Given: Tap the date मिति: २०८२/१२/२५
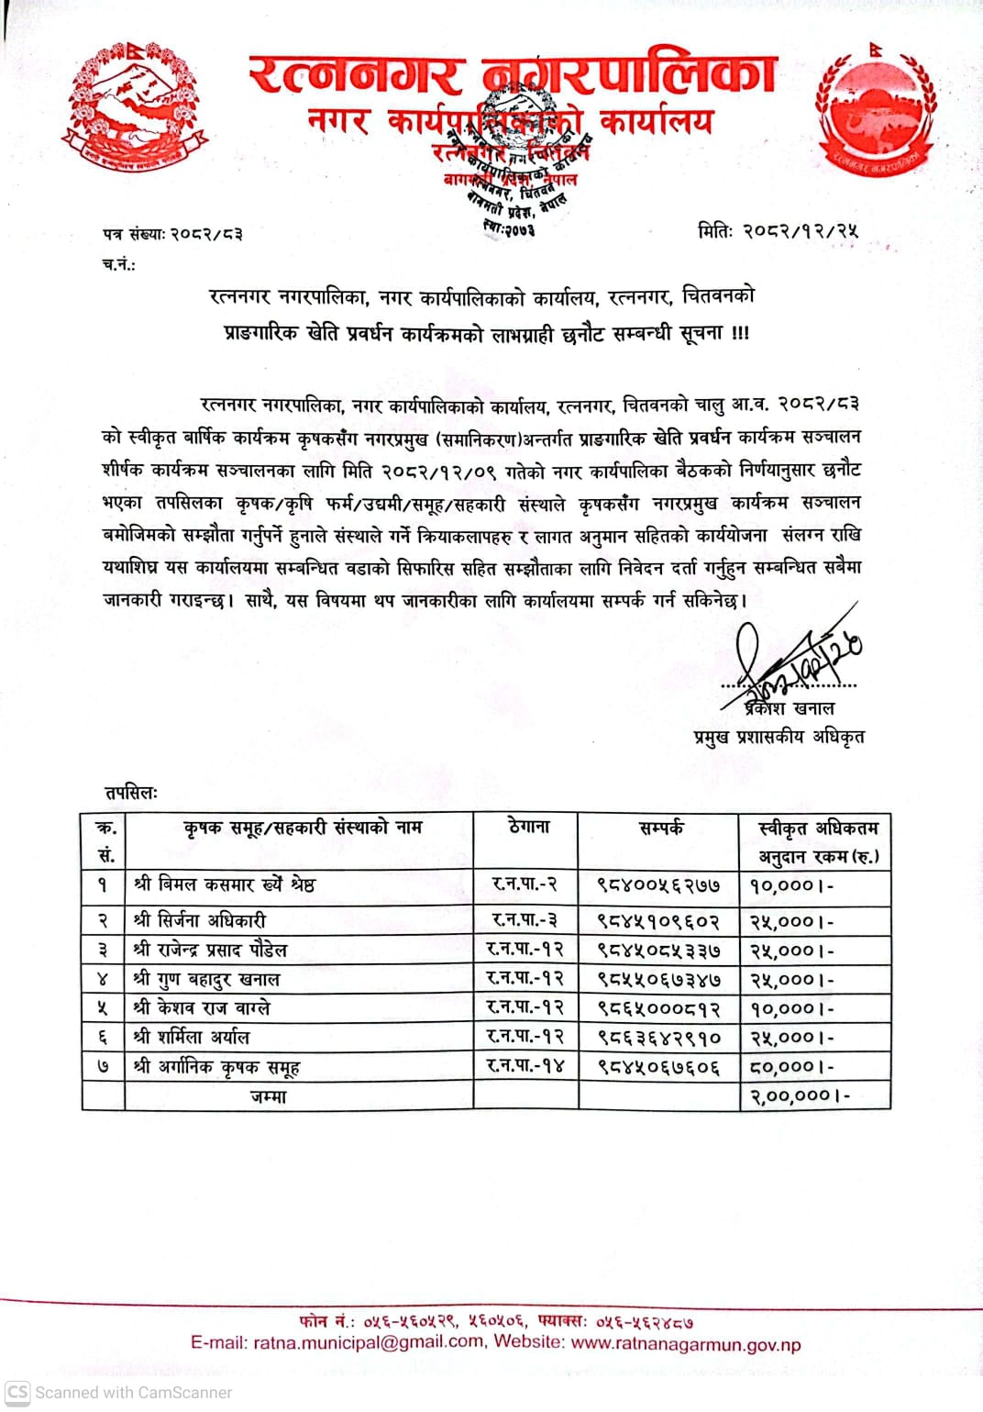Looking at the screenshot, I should [778, 230].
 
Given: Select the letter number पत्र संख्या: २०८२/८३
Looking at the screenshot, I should [172, 234].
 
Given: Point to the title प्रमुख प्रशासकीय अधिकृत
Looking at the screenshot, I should [779, 737].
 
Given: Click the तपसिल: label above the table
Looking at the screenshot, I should [131, 793].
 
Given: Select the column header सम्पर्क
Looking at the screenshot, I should [660, 828].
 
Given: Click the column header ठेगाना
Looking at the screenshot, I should [529, 827].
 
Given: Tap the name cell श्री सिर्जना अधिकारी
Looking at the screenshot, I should [199, 920].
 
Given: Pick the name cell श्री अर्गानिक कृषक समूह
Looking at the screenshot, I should [216, 1067].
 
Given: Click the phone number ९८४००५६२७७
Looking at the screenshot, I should [658, 885].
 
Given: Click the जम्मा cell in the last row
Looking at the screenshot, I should [269, 1096].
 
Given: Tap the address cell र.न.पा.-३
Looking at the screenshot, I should [525, 919].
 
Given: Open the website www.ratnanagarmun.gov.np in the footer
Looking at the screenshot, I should [685, 1344].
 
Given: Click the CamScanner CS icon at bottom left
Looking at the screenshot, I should [17, 1392].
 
